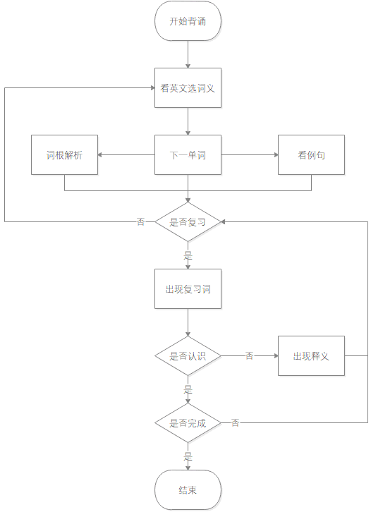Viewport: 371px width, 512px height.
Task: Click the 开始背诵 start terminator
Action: (188, 21)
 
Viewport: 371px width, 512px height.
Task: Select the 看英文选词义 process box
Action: (188, 88)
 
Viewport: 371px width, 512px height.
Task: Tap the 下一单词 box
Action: (188, 154)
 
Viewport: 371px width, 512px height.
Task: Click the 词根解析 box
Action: (64, 154)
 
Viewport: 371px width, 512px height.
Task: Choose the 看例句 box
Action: (311, 154)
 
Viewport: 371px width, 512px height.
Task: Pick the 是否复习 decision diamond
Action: (188, 221)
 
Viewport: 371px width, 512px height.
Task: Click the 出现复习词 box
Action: (188, 288)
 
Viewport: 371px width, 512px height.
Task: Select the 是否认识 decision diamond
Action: (188, 355)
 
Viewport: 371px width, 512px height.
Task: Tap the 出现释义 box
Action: (311, 355)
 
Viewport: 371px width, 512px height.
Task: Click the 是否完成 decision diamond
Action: (188, 422)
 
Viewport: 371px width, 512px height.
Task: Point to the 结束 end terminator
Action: (188, 489)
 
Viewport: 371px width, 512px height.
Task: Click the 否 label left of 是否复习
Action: (141, 221)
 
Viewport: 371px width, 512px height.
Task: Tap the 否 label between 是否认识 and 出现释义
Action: (250, 355)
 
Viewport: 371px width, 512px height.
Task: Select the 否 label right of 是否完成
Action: (235, 422)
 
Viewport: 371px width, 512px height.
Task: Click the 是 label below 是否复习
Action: (188, 255)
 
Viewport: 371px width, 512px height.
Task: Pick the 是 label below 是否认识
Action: (188, 389)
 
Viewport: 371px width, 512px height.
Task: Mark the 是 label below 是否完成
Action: (188, 456)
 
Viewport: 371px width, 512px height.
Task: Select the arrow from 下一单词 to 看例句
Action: (250, 154)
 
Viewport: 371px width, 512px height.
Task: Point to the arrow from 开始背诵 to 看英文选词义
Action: (188, 54)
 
